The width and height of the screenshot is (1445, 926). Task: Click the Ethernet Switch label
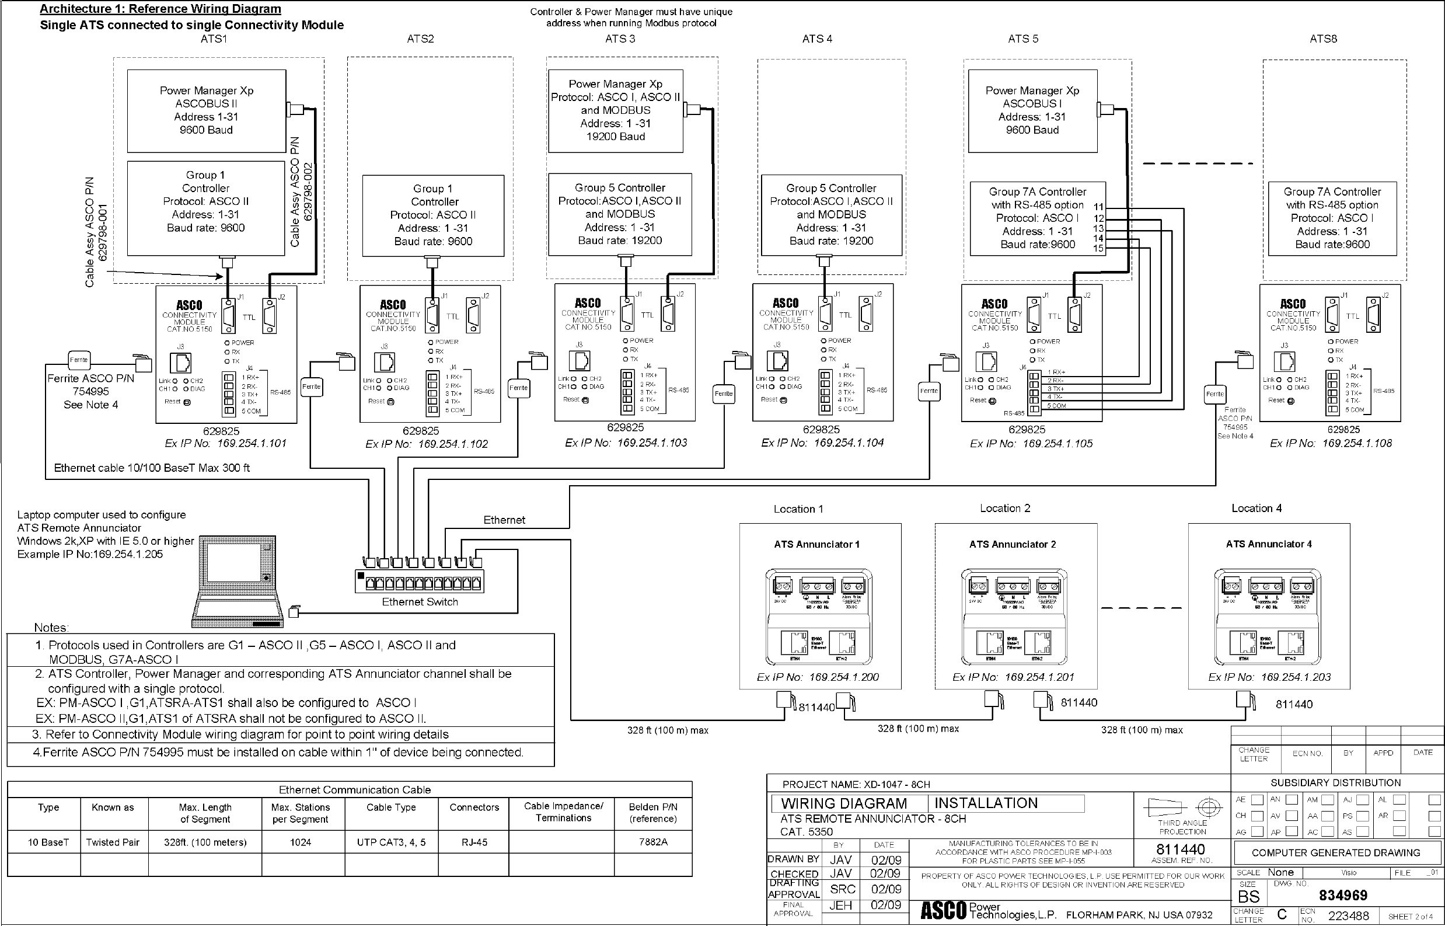[420, 602]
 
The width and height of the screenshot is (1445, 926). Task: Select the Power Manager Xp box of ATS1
[206, 110]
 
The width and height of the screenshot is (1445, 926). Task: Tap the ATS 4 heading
[817, 39]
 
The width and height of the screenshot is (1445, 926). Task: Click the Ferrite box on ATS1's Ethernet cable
[79, 360]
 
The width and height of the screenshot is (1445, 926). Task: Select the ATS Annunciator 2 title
[1012, 544]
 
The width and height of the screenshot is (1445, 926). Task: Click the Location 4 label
[1256, 509]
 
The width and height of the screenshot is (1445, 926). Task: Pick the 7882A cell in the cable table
[653, 842]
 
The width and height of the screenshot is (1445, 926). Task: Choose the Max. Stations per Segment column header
[300, 813]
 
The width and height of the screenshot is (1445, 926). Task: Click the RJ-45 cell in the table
[474, 842]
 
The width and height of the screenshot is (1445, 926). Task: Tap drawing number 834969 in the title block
[1343, 895]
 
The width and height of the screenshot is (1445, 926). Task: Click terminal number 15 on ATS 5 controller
[1098, 248]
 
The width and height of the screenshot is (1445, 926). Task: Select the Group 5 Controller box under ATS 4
[830, 215]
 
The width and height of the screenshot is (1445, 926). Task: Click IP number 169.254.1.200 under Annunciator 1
[843, 677]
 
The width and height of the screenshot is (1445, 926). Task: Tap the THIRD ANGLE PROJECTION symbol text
[1182, 827]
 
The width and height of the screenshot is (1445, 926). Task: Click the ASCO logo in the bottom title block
[943, 911]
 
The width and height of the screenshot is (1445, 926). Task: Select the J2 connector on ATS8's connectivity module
[1372, 315]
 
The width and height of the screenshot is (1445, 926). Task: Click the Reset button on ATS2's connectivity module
[390, 402]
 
